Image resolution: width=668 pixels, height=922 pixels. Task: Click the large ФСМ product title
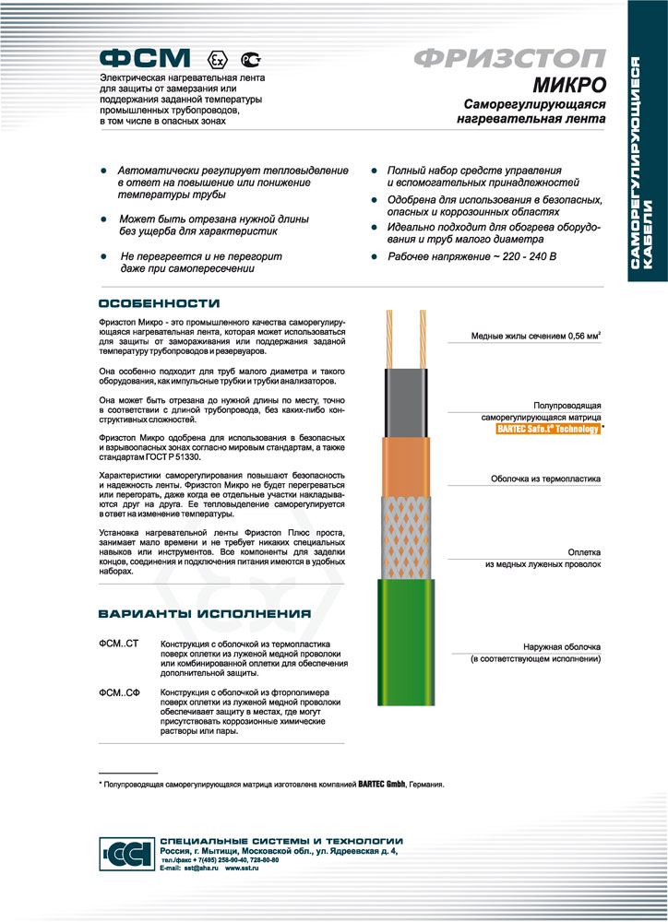(x=145, y=56)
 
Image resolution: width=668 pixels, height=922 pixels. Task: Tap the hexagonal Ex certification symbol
(x=218, y=58)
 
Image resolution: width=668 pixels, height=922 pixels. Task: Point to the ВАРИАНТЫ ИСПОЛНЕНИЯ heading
(x=204, y=613)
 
